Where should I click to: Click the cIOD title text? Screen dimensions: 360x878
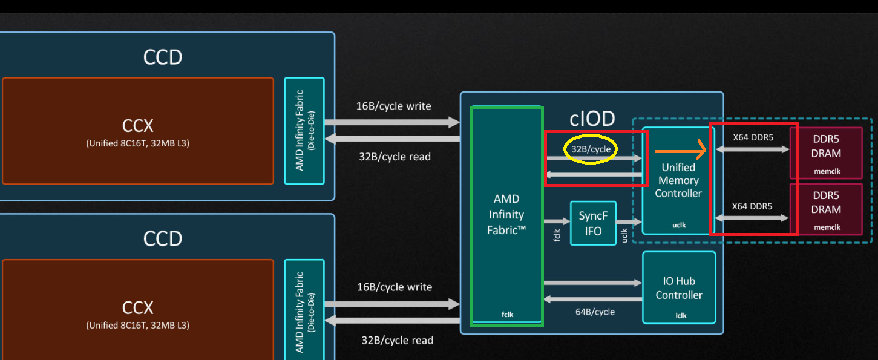tap(592, 118)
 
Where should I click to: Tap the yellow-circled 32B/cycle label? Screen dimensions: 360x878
tap(591, 149)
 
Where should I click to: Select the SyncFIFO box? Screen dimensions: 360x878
tap(593, 223)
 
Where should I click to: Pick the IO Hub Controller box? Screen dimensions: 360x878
tap(679, 287)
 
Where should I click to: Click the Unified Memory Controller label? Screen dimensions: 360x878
tap(678, 180)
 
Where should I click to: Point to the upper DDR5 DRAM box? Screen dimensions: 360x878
tap(826, 152)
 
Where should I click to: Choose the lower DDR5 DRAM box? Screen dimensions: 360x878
tap(826, 209)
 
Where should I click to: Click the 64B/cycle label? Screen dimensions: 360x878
tap(595, 312)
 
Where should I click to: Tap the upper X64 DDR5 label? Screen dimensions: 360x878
tap(753, 137)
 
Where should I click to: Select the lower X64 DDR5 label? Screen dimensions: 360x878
tap(752, 206)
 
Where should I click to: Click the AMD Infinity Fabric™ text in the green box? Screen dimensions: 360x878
tap(506, 214)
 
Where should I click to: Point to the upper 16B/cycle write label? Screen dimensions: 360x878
tap(393, 106)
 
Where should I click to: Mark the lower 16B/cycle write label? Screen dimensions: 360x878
tap(395, 287)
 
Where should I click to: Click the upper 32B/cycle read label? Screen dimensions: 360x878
tap(395, 157)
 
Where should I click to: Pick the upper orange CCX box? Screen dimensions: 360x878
tap(138, 131)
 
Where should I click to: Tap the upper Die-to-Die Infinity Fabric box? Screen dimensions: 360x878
tap(304, 131)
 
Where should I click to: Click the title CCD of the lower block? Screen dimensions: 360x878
tap(162, 238)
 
